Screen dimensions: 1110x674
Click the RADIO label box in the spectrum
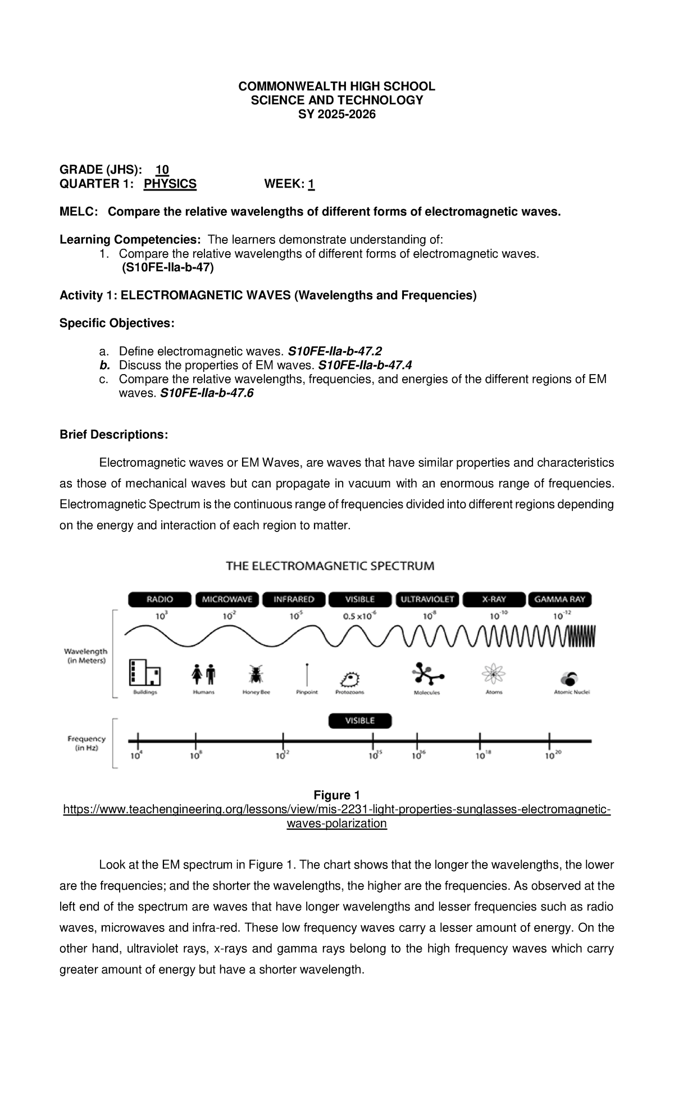pos(160,599)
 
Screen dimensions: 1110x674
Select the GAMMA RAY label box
pos(559,599)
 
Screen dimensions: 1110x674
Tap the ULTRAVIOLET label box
pos(427,599)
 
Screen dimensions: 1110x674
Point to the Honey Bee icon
pos(256,675)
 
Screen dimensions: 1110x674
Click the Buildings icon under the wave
pos(145,672)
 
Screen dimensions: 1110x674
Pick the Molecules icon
pos(427,674)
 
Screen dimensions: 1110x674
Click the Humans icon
pos(203,674)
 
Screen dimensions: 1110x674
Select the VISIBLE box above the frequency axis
pos(360,721)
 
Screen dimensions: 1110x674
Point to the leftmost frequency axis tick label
pos(136,756)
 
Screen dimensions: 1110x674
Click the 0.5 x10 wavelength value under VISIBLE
pos(360,616)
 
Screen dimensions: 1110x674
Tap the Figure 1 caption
pos(336,795)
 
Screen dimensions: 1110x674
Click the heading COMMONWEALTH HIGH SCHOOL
pos(336,86)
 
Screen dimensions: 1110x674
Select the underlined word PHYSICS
pos(170,184)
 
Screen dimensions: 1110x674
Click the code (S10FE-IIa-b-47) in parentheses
pos(167,268)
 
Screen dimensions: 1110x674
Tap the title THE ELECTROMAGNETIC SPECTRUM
pos(330,566)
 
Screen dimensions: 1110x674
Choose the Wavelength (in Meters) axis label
pos(85,656)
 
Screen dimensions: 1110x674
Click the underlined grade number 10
pos(162,170)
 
